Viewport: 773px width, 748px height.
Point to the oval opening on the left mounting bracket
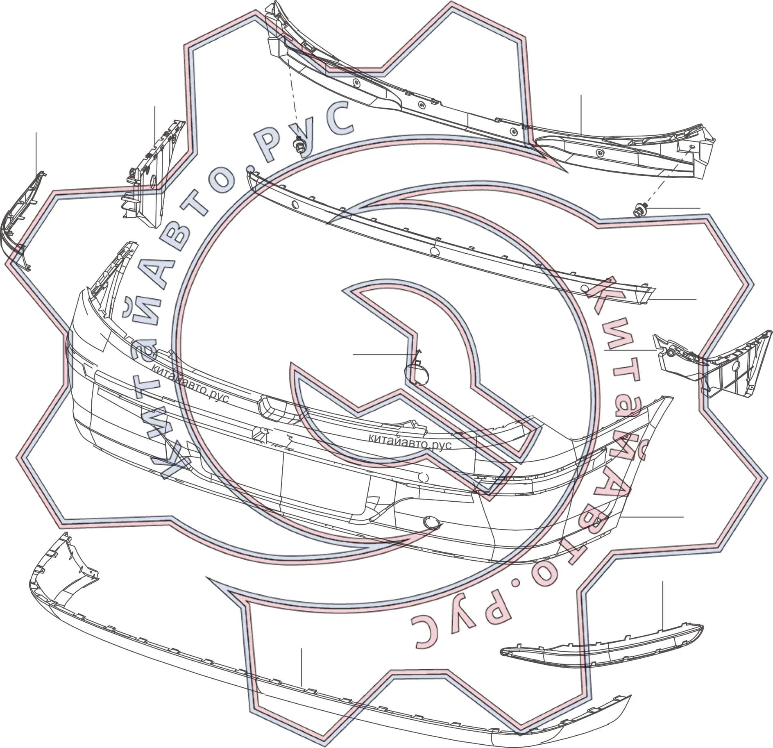[x=150, y=182]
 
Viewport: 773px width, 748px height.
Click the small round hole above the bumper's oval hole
[x=424, y=477]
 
